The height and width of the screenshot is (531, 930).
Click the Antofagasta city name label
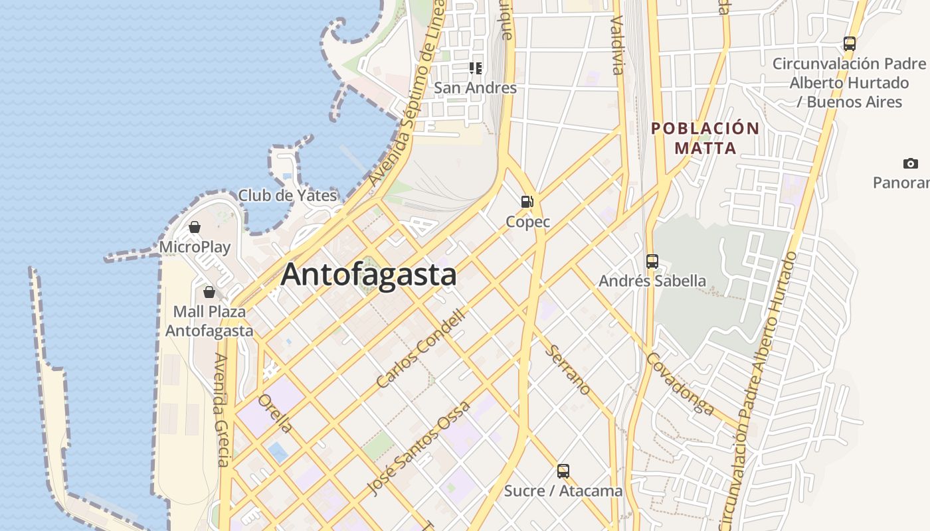(369, 275)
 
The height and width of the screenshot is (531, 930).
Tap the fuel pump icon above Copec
(527, 202)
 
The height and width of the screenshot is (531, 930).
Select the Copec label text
(528, 222)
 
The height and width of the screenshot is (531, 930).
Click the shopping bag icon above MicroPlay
(195, 228)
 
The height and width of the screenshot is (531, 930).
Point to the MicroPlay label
(195, 248)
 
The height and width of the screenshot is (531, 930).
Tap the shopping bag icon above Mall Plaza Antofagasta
(209, 292)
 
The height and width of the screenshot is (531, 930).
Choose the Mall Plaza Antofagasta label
(209, 321)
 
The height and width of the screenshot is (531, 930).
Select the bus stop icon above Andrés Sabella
(652, 261)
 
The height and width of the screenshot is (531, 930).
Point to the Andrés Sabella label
(652, 281)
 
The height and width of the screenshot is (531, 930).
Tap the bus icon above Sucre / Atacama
(563, 471)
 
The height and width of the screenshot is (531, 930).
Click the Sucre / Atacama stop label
(563, 491)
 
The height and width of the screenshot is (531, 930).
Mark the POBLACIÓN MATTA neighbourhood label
(705, 138)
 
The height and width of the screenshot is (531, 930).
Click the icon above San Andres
(475, 68)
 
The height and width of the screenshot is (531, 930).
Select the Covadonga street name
(681, 384)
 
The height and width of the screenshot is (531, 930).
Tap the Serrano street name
(568, 370)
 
